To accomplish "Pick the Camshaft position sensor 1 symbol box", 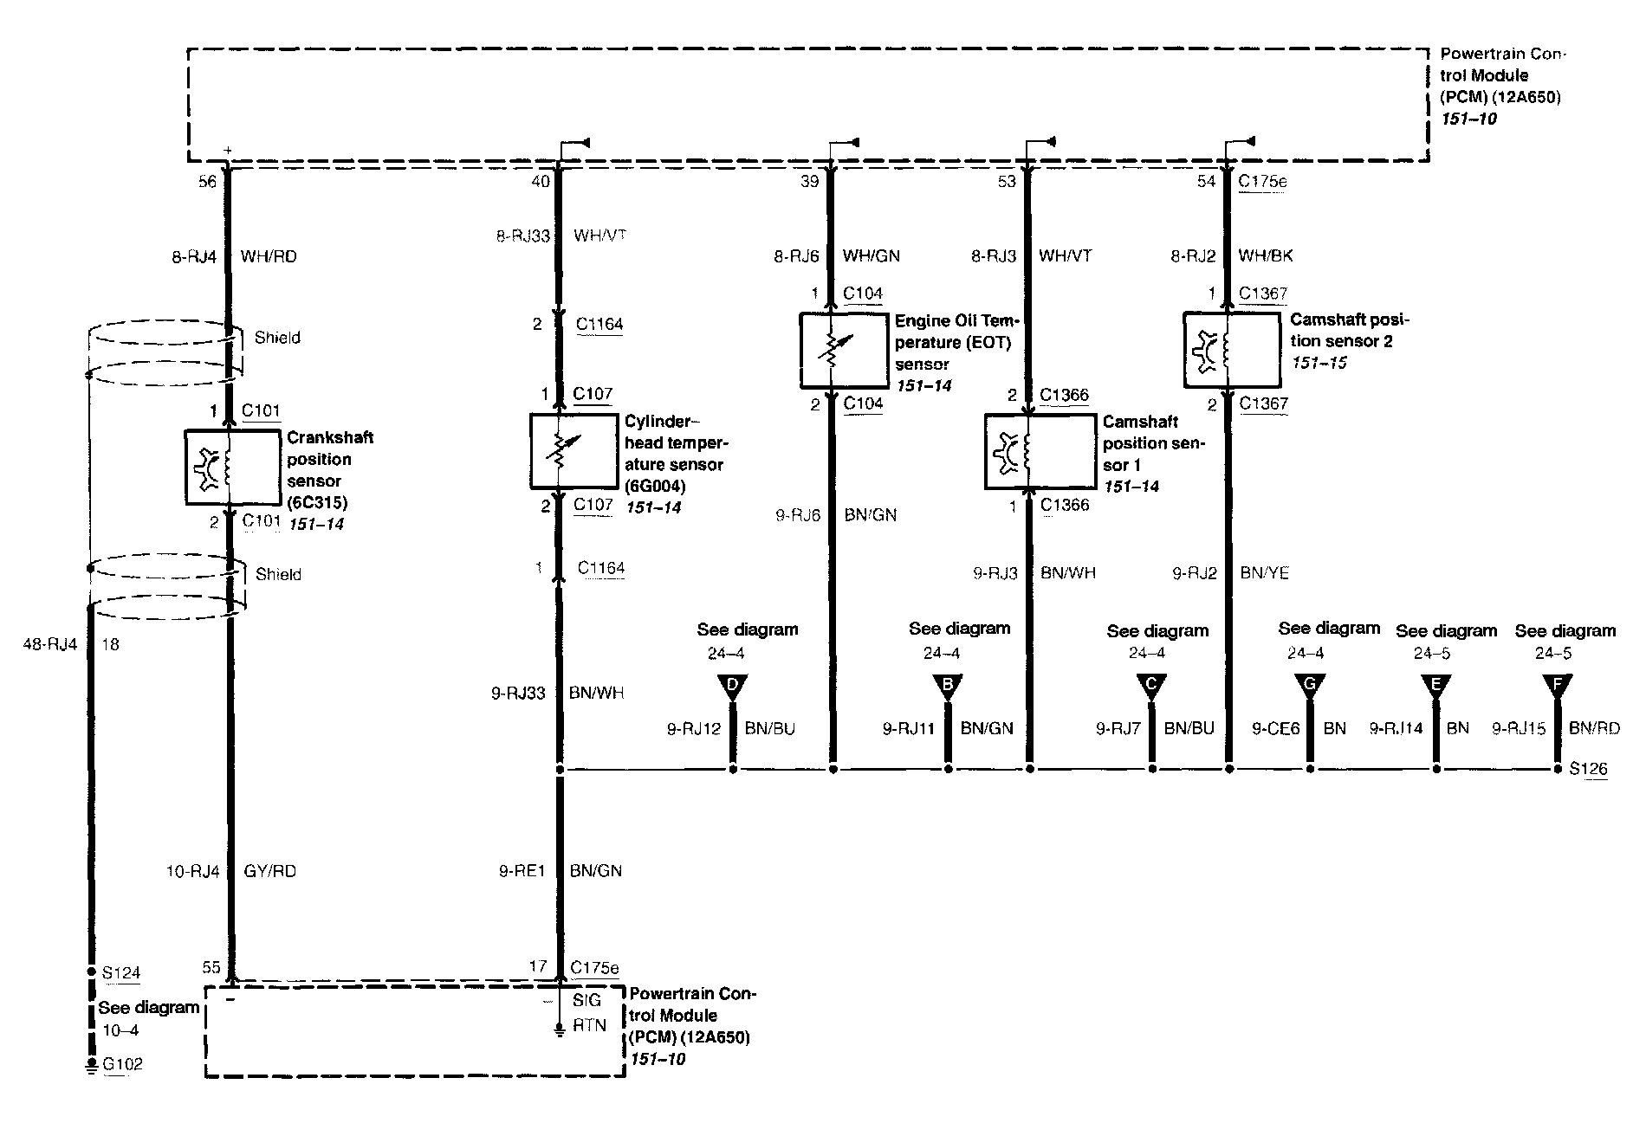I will [x=1040, y=451].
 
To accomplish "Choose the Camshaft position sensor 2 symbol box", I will [x=1231, y=349].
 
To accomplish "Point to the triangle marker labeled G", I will [x=1309, y=687].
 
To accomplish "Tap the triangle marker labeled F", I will [x=1557, y=687].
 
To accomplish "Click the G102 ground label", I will [x=122, y=1065].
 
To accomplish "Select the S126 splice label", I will [x=1588, y=769].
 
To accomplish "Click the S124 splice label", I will [x=121, y=973].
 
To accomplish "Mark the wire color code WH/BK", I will [x=1266, y=256].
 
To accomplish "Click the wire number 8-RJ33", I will [x=522, y=236].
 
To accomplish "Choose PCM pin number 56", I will [x=208, y=182].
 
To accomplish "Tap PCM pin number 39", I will [x=809, y=182].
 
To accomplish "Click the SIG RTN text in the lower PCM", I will [x=589, y=1013].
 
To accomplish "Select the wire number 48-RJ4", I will [x=49, y=644].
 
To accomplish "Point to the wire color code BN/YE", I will [x=1265, y=573].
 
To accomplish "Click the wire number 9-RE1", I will [x=522, y=871].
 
